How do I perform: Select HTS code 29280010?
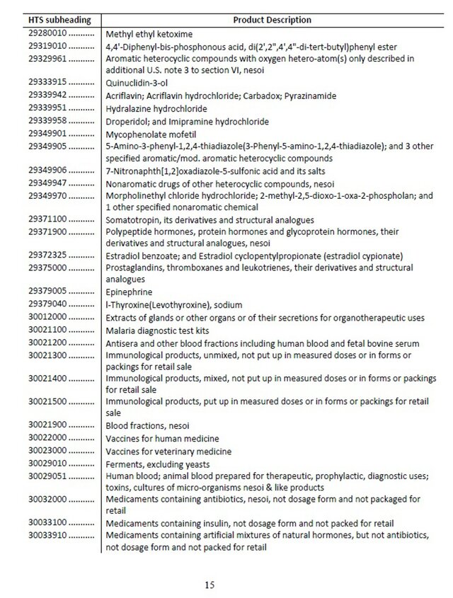(x=47, y=33)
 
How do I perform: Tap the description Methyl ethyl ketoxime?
(x=149, y=33)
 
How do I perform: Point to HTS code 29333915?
(x=47, y=82)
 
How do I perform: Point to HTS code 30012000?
(x=47, y=318)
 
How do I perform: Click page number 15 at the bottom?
(x=210, y=585)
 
